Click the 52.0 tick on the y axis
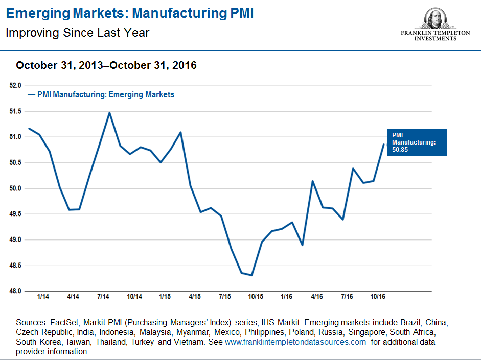16,85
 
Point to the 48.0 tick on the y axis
16,291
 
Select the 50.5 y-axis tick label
16,162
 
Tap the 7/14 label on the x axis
104,297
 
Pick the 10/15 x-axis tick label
256,297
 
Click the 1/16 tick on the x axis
286,297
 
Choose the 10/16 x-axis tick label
378,297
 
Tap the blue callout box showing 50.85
417,142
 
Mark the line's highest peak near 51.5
109,113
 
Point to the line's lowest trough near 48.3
252,275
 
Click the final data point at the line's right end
383,145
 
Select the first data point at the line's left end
29,129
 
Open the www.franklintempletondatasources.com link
295,342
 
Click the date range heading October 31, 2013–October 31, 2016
106,65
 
